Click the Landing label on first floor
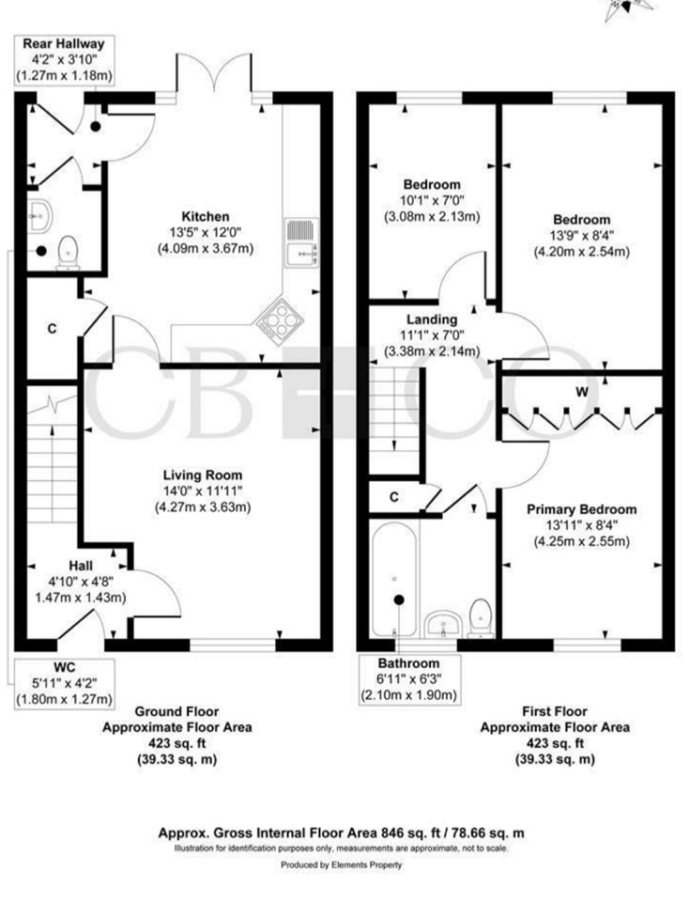click(432, 319)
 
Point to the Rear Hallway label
click(64, 43)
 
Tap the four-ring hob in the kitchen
click(278, 319)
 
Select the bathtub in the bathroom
click(392, 578)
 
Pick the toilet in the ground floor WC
click(68, 252)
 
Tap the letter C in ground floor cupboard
click(53, 329)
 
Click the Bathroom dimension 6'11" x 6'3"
click(409, 679)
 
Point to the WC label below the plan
click(64, 666)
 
